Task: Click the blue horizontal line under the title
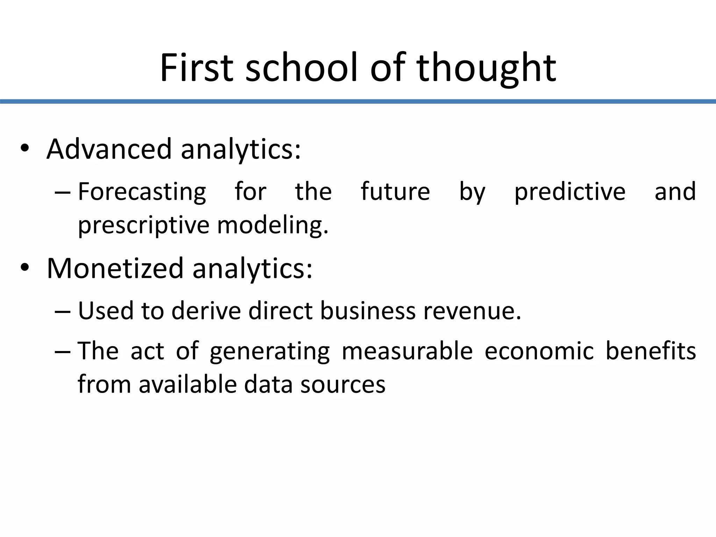tap(358, 101)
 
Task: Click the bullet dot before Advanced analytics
tap(24, 148)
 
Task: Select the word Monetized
tap(115, 268)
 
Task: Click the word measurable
tap(407, 351)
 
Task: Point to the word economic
tap(539, 351)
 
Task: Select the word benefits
tap(650, 351)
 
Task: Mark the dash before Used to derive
tap(63, 311)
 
